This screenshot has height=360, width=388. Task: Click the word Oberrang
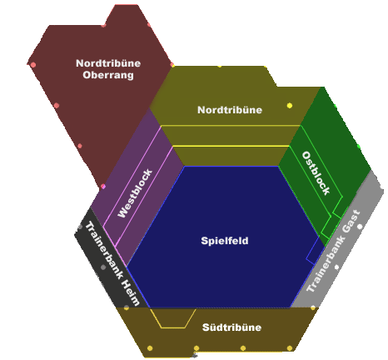click(108, 75)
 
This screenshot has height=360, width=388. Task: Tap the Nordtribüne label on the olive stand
click(230, 110)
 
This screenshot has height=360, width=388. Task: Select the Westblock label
click(135, 193)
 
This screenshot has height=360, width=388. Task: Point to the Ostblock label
click(316, 172)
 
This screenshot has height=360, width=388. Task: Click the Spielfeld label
click(225, 241)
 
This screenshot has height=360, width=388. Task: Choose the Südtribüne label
click(231, 327)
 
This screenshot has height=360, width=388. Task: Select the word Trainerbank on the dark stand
click(104, 249)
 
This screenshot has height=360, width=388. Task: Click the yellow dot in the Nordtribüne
click(290, 106)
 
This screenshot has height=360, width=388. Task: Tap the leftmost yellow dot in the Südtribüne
click(150, 348)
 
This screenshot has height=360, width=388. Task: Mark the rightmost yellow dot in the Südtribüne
click(290, 348)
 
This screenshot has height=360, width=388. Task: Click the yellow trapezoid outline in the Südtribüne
click(172, 327)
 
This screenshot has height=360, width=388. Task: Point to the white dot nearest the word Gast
click(360, 227)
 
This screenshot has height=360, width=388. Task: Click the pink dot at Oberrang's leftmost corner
click(32, 65)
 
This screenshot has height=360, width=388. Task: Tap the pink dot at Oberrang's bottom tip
click(103, 187)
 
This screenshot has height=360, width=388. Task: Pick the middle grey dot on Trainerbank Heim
click(103, 267)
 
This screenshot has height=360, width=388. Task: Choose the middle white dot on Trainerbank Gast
click(336, 267)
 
